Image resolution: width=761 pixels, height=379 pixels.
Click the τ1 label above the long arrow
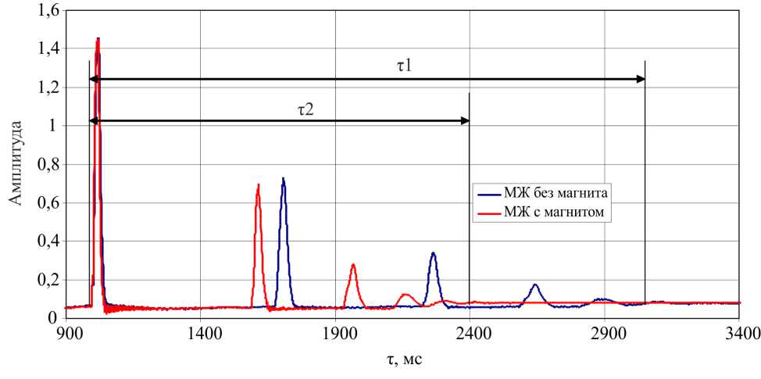point(404,66)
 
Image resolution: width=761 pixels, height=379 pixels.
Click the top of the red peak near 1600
point(258,185)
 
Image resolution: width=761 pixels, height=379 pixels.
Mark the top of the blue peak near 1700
point(284,179)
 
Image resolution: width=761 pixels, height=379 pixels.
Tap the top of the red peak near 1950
point(353,265)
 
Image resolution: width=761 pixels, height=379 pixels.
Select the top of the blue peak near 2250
point(433,253)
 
